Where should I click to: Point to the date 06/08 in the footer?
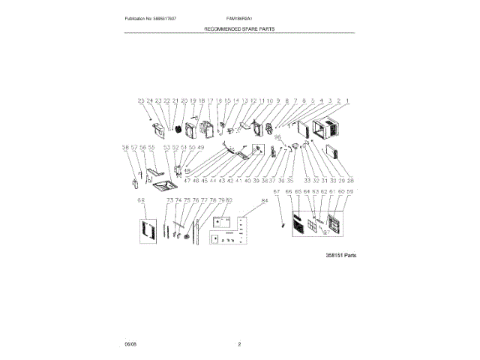tap(130, 344)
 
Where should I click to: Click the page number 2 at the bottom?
tap(239, 344)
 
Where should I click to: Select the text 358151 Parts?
tap(340, 255)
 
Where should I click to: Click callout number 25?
tap(140, 100)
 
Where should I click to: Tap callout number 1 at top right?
tap(347, 100)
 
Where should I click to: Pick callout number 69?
tap(140, 201)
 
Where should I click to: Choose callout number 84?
tap(264, 201)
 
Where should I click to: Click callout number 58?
tap(125, 148)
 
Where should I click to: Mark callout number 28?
tap(350, 181)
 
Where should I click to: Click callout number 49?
tap(200, 148)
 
